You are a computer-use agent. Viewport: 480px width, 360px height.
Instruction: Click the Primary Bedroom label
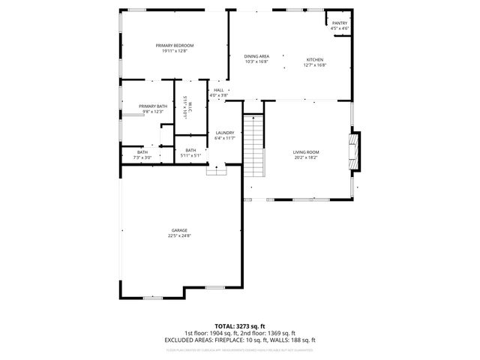[x=169, y=46]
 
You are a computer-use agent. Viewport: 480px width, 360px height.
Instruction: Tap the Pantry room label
[x=340, y=23]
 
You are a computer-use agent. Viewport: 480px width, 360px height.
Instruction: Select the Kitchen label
[x=313, y=59]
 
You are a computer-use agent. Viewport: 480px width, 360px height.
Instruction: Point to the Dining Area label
[x=256, y=56]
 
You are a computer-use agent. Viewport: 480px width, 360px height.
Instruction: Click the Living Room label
[x=305, y=152]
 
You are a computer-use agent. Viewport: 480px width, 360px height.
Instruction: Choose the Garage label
[x=179, y=230]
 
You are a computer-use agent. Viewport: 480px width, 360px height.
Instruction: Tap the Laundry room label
[x=225, y=133]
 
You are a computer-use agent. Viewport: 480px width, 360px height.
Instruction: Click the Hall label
[x=218, y=90]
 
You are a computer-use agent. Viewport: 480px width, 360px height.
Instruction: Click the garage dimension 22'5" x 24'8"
[x=179, y=236]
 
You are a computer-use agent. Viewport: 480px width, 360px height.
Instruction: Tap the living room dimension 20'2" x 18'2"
[x=305, y=157]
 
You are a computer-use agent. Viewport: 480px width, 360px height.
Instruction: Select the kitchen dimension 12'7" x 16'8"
[x=313, y=64]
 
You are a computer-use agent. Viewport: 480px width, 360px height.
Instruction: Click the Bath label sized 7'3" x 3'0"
[x=142, y=152]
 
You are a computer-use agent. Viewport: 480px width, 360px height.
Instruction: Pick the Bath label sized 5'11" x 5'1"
[x=190, y=150]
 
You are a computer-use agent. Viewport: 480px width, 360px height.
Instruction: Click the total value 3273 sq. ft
[x=252, y=326]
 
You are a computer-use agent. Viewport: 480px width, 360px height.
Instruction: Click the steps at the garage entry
[x=216, y=170]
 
